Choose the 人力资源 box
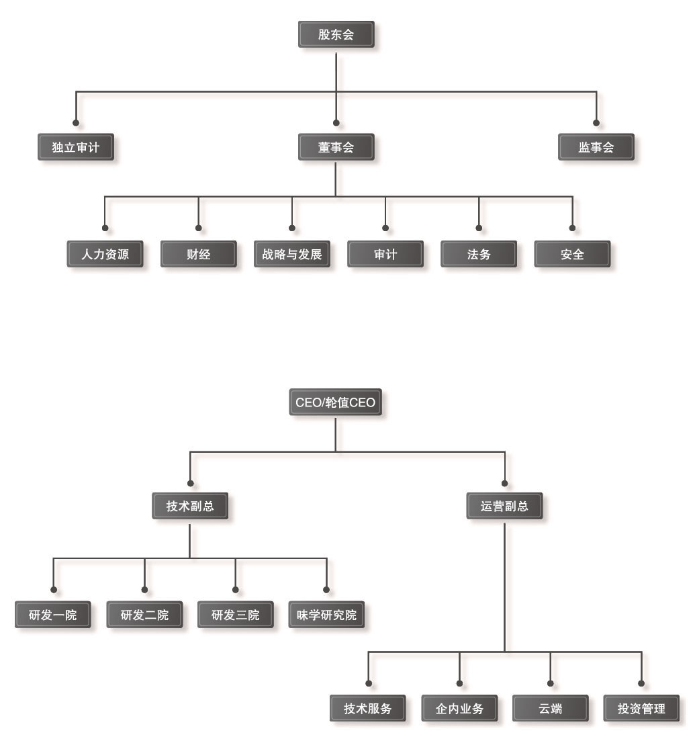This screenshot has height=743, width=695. (105, 255)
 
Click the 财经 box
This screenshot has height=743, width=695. (199, 255)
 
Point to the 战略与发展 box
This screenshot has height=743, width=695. (292, 255)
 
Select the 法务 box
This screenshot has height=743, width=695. (479, 255)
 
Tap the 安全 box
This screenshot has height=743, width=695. (572, 255)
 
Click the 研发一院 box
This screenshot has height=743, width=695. (52, 615)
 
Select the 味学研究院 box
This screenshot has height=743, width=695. (326, 615)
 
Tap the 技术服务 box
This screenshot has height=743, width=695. (368, 709)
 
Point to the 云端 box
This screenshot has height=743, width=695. (551, 709)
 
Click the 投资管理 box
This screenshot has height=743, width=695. (641, 709)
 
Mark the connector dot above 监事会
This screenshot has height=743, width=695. (596, 123)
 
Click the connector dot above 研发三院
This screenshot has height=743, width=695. (235, 590)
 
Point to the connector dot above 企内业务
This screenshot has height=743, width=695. (460, 684)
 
